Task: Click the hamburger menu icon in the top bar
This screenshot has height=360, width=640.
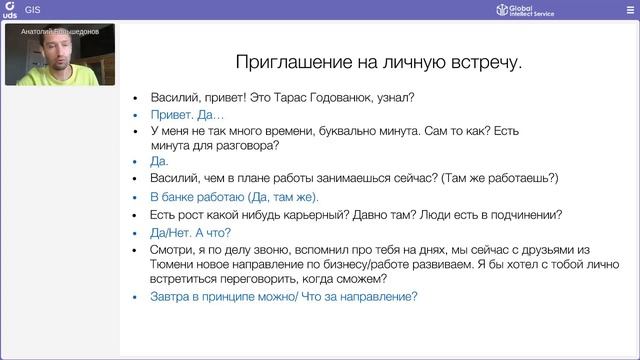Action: [630, 10]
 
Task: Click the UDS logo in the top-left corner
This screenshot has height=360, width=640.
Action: [9, 10]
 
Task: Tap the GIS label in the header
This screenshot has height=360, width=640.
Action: [32, 10]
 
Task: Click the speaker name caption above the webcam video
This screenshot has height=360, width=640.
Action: [59, 31]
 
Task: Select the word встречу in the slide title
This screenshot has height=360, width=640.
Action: [484, 63]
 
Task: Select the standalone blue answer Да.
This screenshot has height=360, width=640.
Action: [159, 161]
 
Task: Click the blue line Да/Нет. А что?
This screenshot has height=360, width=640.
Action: [190, 232]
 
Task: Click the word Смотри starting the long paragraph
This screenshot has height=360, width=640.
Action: [174, 249]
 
